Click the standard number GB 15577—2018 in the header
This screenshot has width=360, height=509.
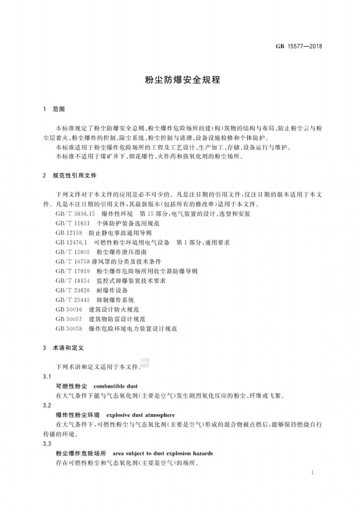(x=299, y=46)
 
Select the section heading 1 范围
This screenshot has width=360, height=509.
(x=54, y=109)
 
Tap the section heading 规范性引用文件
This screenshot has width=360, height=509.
(x=74, y=175)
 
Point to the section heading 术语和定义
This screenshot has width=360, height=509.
(x=68, y=347)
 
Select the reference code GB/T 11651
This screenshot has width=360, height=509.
(x=72, y=223)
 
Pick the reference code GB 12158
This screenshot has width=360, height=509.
(x=69, y=233)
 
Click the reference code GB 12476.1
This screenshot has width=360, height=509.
(x=72, y=242)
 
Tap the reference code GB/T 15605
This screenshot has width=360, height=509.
(x=72, y=252)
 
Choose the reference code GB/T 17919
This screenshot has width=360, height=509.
(x=72, y=271)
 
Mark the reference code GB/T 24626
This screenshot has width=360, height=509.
(x=72, y=290)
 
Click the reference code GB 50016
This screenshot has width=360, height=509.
(x=69, y=309)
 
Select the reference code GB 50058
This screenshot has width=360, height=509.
(x=69, y=328)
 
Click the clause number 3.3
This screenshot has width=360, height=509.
(x=47, y=444)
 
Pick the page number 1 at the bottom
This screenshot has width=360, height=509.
(x=313, y=472)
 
